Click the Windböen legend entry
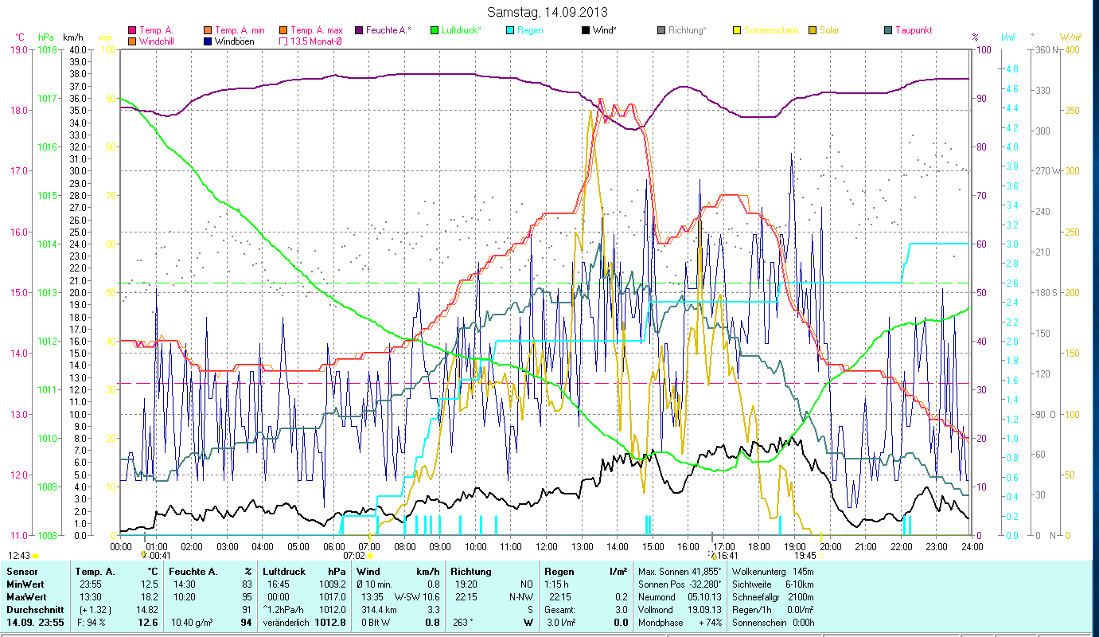pyautogui.click(x=235, y=41)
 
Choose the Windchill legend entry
pyautogui.click(x=156, y=41)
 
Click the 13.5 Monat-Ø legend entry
pyautogui.click(x=316, y=41)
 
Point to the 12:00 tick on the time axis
pyautogui.click(x=546, y=546)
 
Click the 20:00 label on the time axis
pyautogui.click(x=830, y=546)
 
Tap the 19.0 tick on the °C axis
pyautogui.click(x=18, y=49)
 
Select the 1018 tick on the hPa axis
pyautogui.click(x=47, y=49)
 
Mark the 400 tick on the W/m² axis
pyautogui.click(x=1072, y=49)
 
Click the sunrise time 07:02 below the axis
pyautogui.click(x=353, y=556)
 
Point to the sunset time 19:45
pyautogui.click(x=805, y=556)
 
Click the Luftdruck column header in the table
pyautogui.click(x=283, y=572)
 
